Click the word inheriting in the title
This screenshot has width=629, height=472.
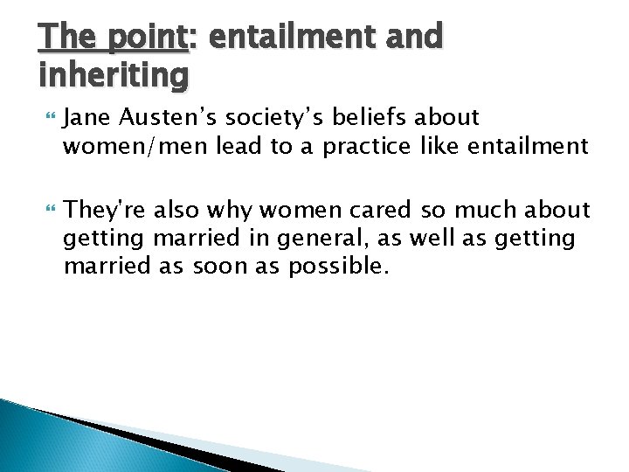pos(114,75)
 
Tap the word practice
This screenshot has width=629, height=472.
pos(365,147)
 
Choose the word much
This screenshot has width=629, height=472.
pos(477,210)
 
